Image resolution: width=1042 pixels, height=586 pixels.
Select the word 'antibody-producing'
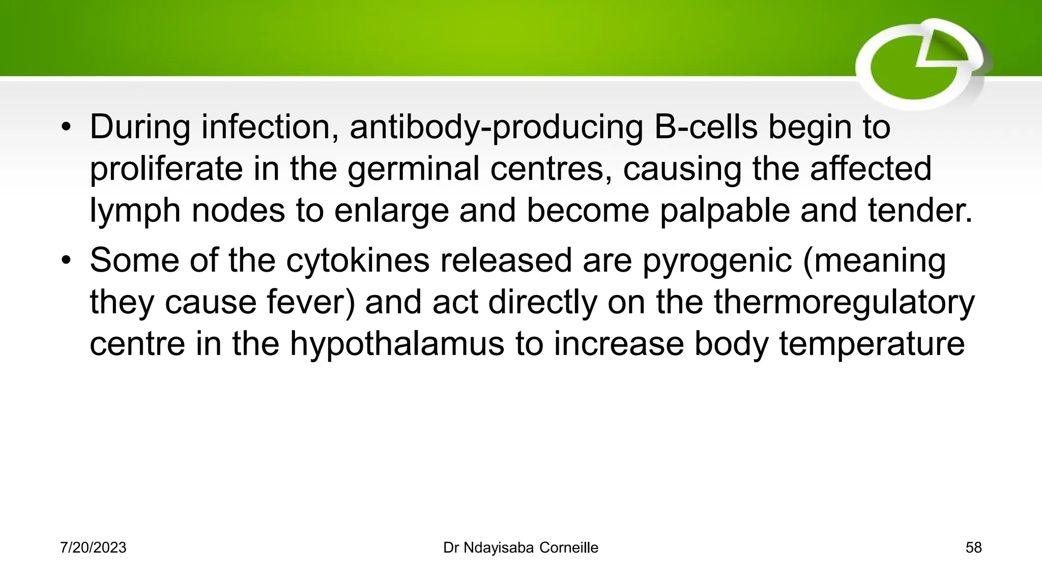[496, 128]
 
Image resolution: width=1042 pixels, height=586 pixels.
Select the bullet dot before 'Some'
[66, 261]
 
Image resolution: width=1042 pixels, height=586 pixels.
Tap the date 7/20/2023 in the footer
[93, 548]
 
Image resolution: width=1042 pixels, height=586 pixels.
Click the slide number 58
[973, 548]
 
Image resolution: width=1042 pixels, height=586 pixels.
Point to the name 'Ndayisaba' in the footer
[499, 548]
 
